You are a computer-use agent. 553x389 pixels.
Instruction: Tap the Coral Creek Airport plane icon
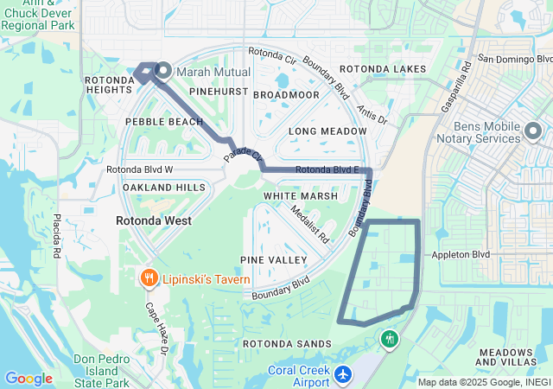tap(344, 374)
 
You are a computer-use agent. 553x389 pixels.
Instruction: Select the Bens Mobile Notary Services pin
tap(533, 132)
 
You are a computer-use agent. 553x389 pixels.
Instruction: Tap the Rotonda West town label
tap(154, 220)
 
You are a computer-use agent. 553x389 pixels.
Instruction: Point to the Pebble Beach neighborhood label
tap(165, 122)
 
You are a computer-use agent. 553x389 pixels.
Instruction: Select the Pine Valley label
tap(275, 259)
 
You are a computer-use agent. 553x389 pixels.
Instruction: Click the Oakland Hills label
tap(164, 188)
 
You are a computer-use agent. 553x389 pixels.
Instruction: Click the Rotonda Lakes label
tap(383, 68)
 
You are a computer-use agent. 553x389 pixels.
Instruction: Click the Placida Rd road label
tap(56, 236)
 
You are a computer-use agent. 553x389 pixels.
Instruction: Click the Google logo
tap(29, 378)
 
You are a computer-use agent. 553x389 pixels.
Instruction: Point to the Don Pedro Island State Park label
tap(101, 370)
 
